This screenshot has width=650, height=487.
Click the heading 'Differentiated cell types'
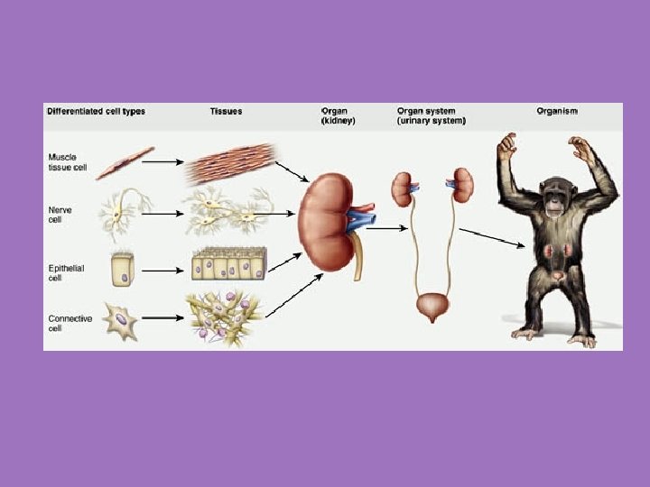click(x=96, y=112)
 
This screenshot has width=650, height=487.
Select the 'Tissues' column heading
click(x=225, y=112)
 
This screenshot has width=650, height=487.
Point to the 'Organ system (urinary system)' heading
click(x=432, y=116)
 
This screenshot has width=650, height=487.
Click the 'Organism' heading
click(x=557, y=112)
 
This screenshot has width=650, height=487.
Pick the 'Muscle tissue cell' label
click(x=68, y=161)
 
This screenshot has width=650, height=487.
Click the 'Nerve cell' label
click(x=60, y=215)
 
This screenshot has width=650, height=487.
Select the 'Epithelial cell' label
click(x=66, y=270)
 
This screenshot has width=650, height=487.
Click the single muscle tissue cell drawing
click(x=125, y=162)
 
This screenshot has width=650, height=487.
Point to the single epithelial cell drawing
click(x=122, y=269)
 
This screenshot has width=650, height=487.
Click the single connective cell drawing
click(x=120, y=320)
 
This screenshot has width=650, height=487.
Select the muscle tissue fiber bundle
click(x=229, y=164)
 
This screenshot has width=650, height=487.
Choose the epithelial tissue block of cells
click(x=228, y=265)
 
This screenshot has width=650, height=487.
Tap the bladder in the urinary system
click(x=432, y=308)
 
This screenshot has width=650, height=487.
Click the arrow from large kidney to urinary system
click(x=386, y=228)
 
